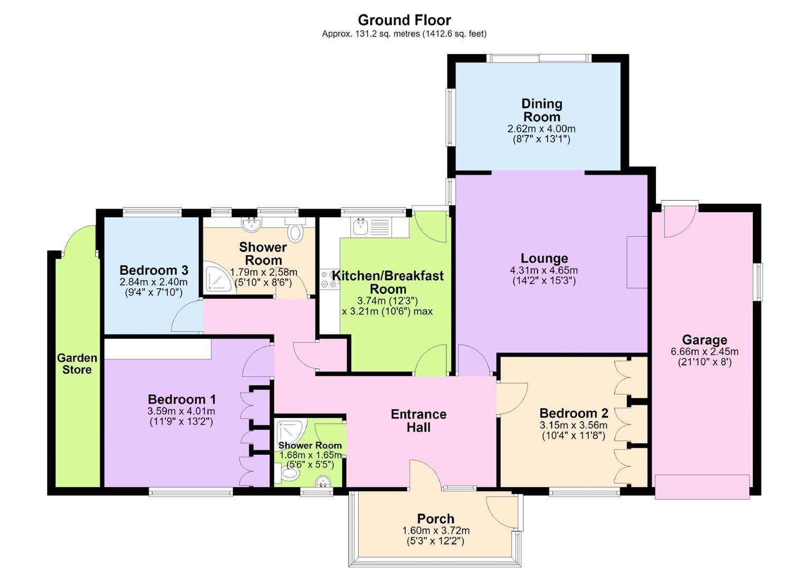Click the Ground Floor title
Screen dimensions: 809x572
[x=404, y=20]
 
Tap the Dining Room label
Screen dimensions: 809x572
[x=542, y=110]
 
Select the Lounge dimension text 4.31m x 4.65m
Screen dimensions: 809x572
[x=544, y=270]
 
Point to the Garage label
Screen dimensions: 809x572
[x=704, y=340]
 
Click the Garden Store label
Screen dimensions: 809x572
[x=77, y=364]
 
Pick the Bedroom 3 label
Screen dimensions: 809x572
[x=154, y=270]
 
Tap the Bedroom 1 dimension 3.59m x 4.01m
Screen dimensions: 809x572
[x=181, y=411]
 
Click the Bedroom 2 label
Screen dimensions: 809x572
[x=574, y=413]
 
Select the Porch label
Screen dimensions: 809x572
[x=435, y=519]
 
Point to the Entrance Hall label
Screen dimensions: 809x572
[x=419, y=421]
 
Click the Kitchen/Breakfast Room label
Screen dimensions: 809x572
[x=388, y=282]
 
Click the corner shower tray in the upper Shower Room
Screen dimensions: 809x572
[x=217, y=278]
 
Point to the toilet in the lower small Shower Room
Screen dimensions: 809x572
[x=288, y=473]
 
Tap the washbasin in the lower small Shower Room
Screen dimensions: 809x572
[x=323, y=481]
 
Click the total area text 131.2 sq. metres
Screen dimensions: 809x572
[x=371, y=34]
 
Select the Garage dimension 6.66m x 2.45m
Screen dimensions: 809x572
[x=704, y=352]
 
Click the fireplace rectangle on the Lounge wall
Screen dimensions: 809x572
[x=637, y=262]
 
